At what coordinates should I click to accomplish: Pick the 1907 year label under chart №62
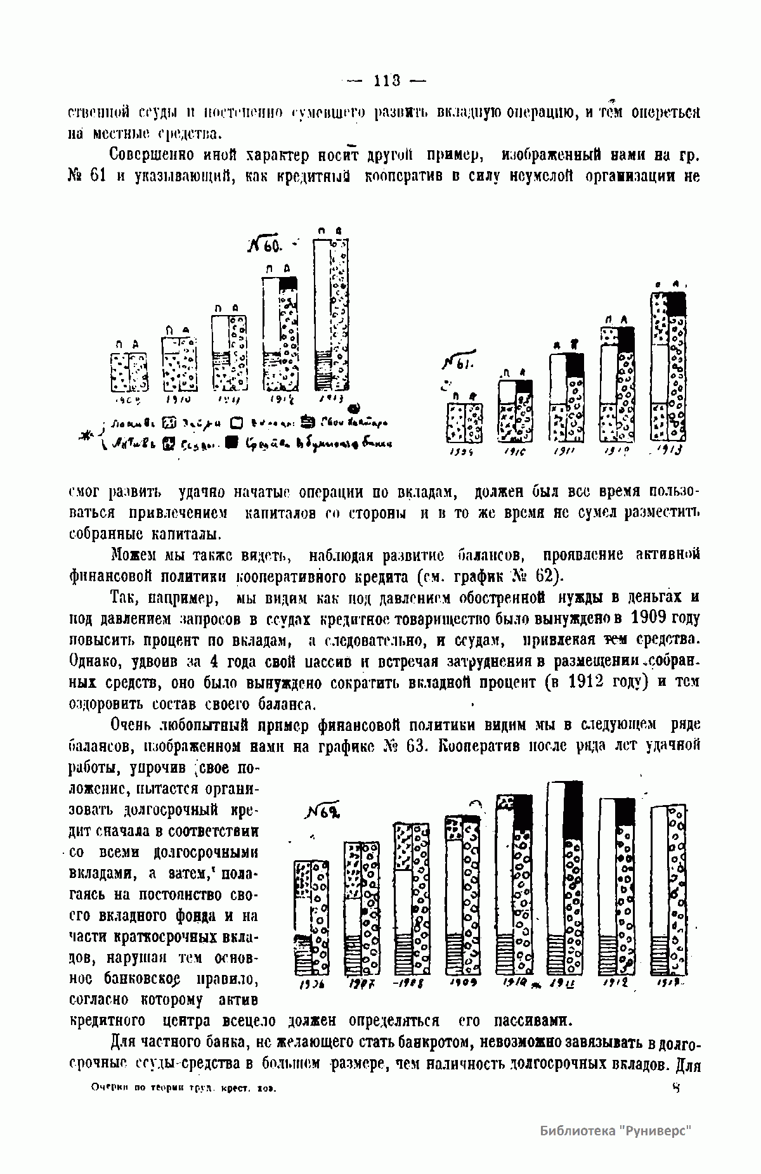[361, 983]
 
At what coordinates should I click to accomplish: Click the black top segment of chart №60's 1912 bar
[289, 284]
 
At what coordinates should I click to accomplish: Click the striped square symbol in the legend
[307, 423]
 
